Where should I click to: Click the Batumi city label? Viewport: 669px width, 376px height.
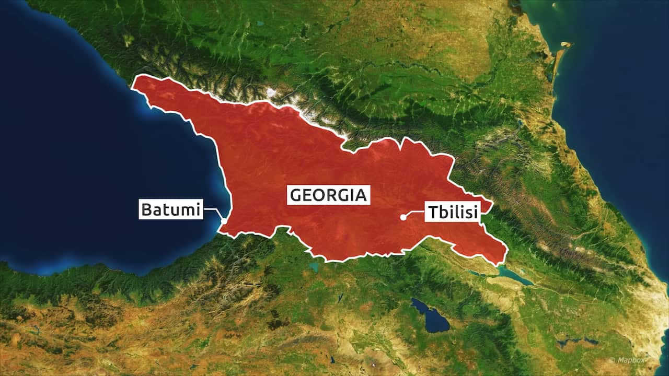[x=170, y=209]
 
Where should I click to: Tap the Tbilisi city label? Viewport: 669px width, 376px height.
[x=452, y=211]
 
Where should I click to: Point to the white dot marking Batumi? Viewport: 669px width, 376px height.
[x=224, y=221]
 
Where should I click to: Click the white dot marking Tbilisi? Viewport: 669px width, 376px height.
[x=403, y=217]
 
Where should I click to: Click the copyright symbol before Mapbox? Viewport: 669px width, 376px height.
[x=612, y=360]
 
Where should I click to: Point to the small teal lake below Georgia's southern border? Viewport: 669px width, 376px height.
[x=314, y=267]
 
